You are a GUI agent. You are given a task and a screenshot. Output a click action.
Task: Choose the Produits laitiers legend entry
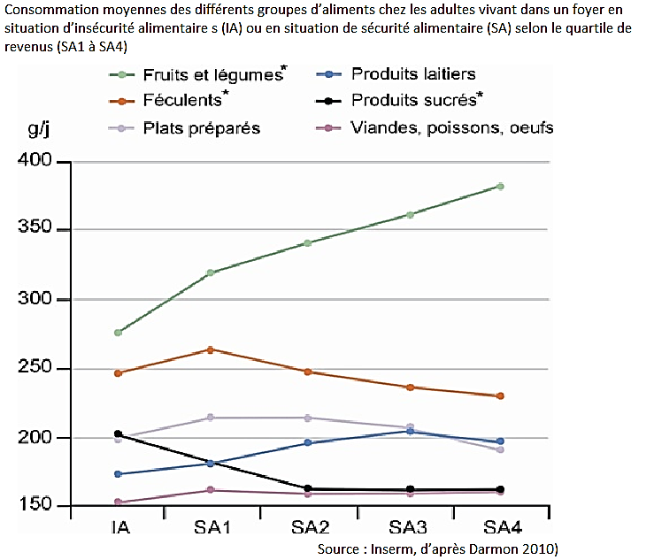[412, 74]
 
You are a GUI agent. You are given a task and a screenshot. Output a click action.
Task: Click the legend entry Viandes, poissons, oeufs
[451, 128]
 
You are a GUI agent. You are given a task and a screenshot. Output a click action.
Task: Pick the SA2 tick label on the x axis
[309, 527]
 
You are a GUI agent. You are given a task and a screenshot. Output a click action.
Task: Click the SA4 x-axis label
[501, 527]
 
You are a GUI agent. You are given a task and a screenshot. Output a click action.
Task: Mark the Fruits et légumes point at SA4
[500, 187]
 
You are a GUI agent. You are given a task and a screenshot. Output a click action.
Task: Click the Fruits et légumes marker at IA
[118, 333]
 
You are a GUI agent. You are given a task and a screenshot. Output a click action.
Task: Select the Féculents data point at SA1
[211, 349]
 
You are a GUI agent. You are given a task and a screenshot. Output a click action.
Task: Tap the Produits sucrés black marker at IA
[118, 434]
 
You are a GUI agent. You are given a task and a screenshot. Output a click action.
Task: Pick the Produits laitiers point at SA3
[410, 431]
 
